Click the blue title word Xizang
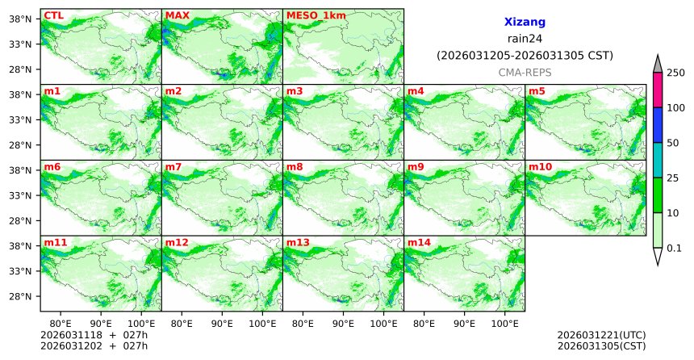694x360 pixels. tap(525, 23)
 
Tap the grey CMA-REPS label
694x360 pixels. tap(525, 72)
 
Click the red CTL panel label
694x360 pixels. tap(53, 15)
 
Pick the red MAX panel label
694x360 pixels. tap(177, 15)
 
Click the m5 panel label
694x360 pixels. tap(537, 90)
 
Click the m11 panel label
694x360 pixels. tap(56, 242)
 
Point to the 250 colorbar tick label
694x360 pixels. tap(675, 73)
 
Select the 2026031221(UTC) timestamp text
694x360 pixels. tap(601, 335)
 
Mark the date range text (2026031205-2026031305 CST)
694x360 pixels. tap(525, 56)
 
